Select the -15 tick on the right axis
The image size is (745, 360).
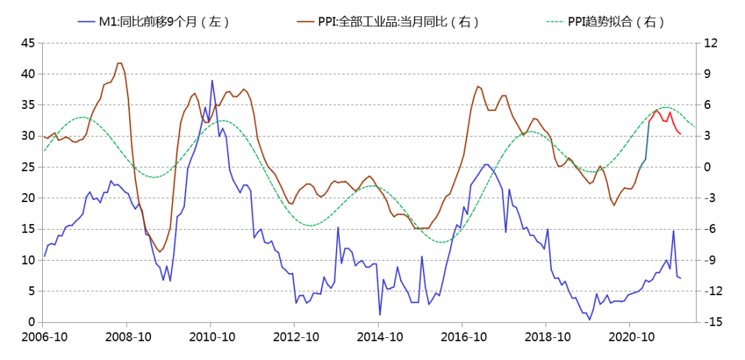(x=713, y=322)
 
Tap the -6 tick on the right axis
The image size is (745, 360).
(x=712, y=229)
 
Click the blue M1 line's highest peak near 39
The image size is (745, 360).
(x=212, y=81)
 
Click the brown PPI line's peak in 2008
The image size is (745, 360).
(x=120, y=63)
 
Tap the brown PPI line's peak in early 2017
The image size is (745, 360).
(x=477, y=86)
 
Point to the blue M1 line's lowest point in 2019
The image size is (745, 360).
(x=590, y=319)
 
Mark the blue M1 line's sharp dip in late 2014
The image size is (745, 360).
(x=379, y=315)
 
